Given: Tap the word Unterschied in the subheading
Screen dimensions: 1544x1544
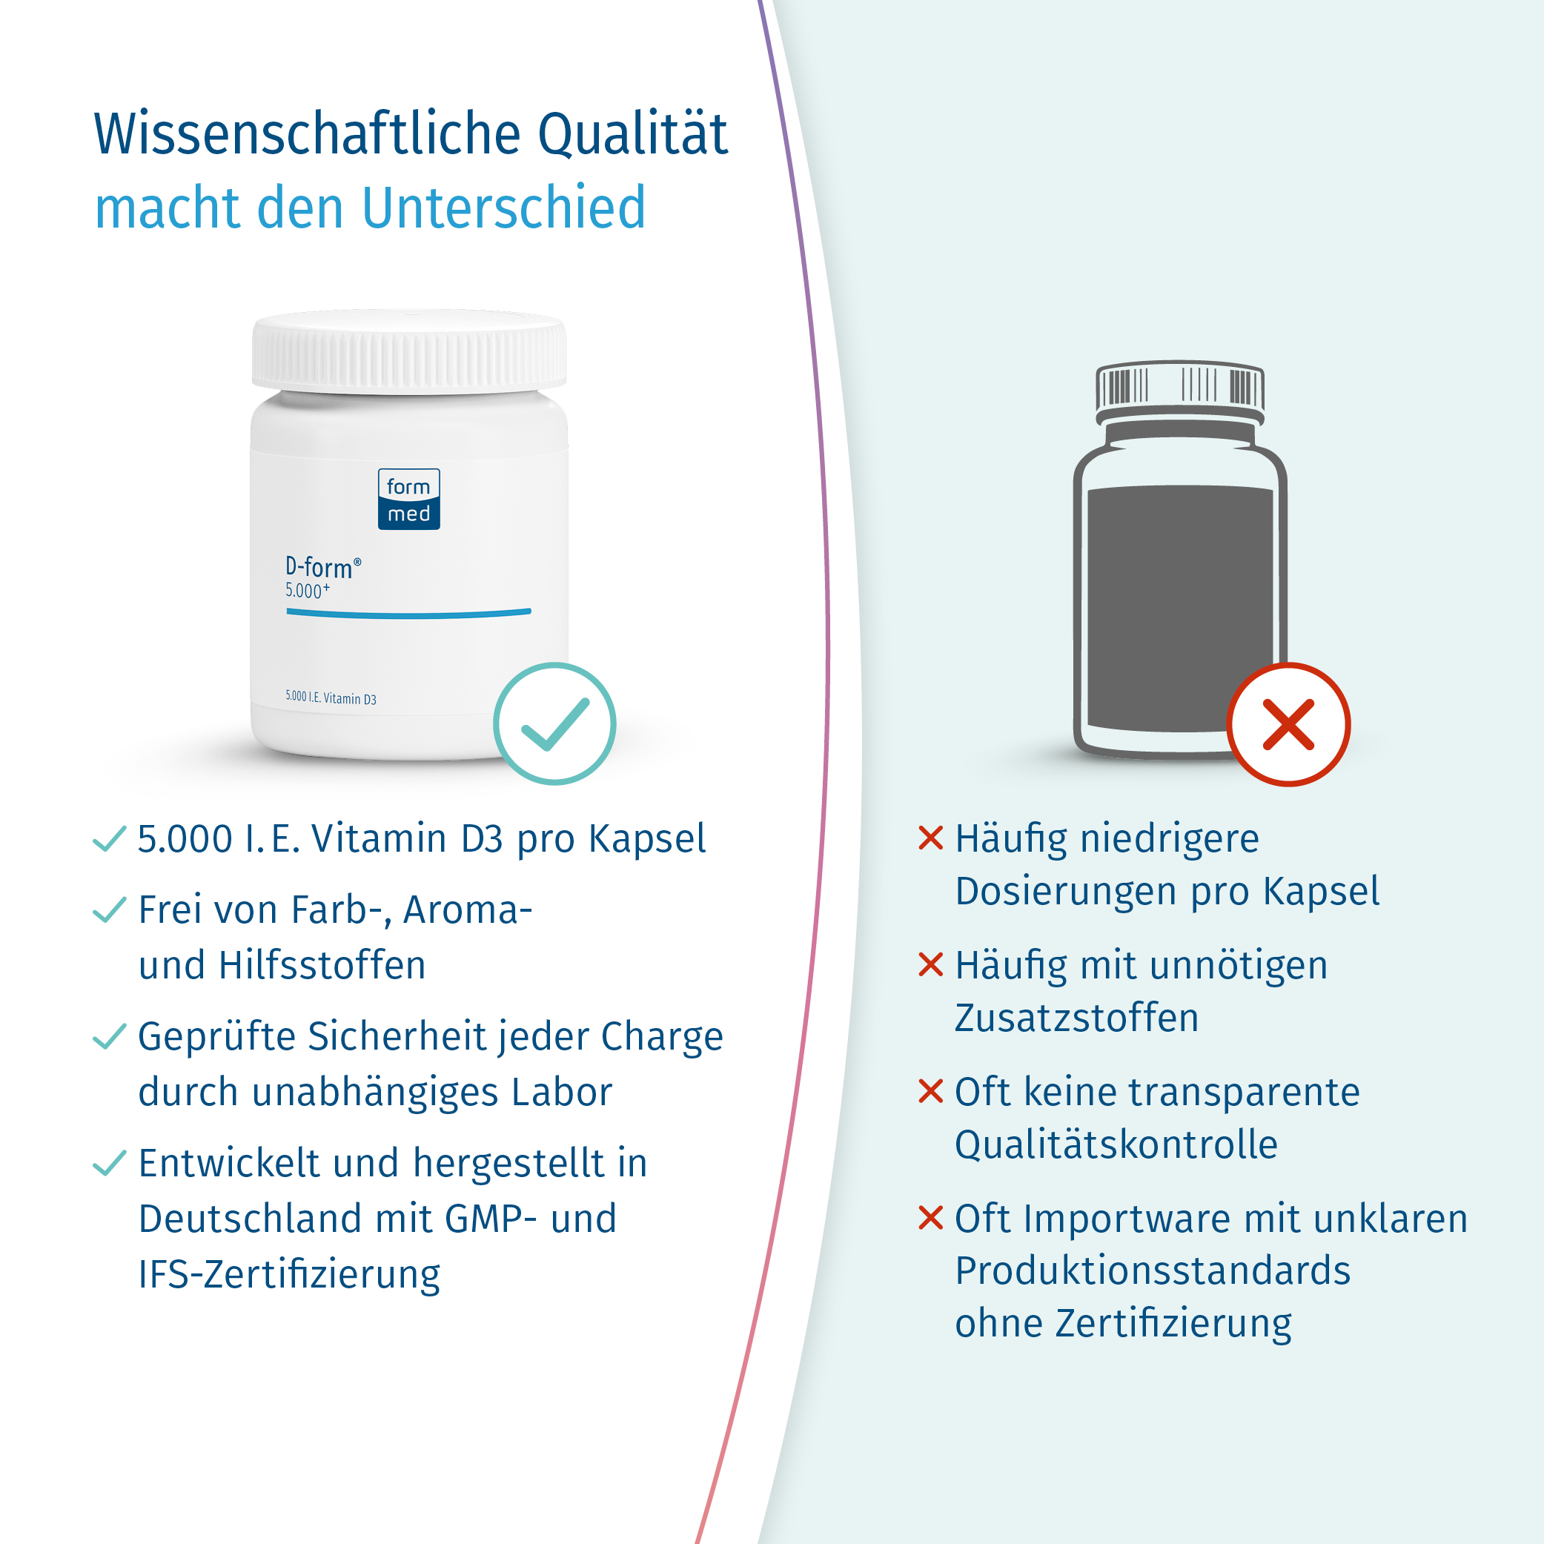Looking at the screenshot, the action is click(503, 208).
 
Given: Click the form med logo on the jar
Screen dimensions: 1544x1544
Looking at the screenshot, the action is click(408, 500).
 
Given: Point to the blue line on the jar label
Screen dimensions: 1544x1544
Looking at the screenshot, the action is click(408, 613).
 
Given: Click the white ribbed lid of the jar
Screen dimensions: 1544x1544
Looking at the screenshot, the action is click(408, 351).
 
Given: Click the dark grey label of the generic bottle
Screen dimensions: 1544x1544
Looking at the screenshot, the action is click(1179, 607).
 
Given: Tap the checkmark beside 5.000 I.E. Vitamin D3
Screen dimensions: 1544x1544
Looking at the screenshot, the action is click(110, 838).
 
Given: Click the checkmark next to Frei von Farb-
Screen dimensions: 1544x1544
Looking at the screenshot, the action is click(110, 909).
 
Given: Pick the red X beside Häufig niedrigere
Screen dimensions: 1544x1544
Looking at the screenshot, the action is click(931, 838).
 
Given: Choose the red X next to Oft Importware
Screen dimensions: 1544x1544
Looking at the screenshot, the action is click(931, 1218).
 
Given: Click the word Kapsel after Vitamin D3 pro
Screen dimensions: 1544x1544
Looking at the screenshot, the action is click(647, 839).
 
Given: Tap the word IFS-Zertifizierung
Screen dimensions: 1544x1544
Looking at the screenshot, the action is click(289, 1274).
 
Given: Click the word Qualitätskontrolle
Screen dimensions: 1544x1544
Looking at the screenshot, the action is click(1116, 1144).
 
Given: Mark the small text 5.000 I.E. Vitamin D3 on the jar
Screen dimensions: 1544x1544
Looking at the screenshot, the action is click(331, 698).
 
